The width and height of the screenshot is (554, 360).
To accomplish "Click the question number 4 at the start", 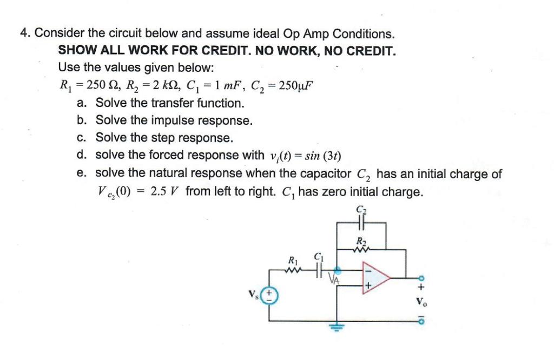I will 24,34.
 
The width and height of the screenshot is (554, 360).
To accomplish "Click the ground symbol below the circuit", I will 338,328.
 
